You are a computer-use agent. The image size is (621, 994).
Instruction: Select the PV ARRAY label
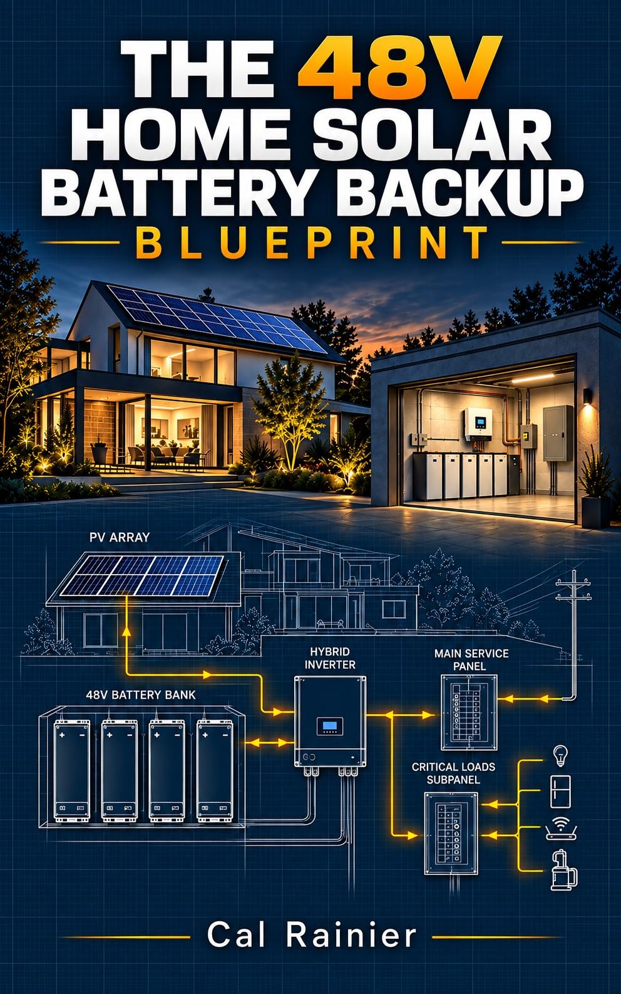(x=119, y=537)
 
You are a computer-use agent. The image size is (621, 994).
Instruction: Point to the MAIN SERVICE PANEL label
(x=471, y=659)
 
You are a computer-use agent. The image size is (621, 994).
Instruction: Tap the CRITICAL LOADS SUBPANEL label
(x=453, y=773)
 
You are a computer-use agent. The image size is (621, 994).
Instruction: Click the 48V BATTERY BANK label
(x=140, y=695)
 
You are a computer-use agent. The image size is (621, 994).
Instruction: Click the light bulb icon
(x=560, y=755)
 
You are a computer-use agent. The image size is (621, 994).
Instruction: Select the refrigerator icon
(x=560, y=792)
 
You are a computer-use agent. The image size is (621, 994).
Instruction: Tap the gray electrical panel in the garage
(x=558, y=432)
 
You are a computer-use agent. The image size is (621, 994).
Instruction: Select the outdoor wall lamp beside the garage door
(x=587, y=396)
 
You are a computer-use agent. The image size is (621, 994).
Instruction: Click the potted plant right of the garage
(x=595, y=488)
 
